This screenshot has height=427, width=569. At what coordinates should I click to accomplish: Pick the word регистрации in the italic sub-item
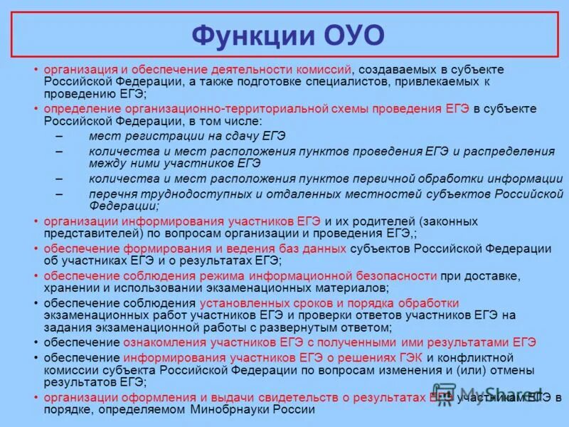[x=152, y=136]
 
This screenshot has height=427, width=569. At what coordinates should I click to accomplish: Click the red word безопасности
[x=395, y=275]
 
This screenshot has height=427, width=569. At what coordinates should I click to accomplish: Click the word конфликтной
[x=482, y=357]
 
